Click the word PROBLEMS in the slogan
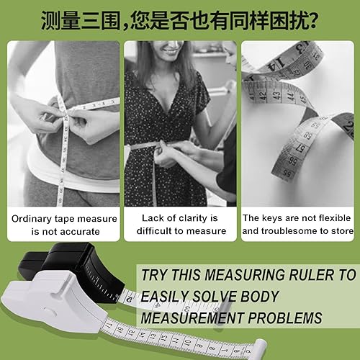pyautogui.click(x=285, y=318)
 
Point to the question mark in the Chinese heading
pyautogui.click(x=312, y=20)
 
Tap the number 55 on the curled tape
pyautogui.click(x=287, y=174)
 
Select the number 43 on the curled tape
pyautogui.click(x=276, y=95)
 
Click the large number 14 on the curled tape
pyautogui.click(x=275, y=63)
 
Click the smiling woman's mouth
pyautogui.click(x=168, y=50)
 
